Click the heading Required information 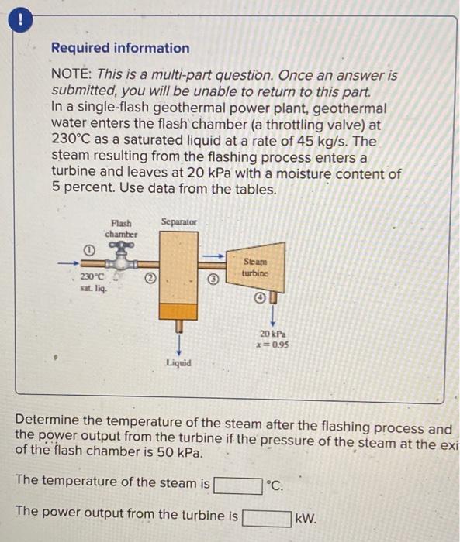point(119,48)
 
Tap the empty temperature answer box point(237,486)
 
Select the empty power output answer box point(266,516)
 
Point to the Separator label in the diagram point(178,222)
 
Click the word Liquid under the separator point(178,362)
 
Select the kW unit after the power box point(305,517)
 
